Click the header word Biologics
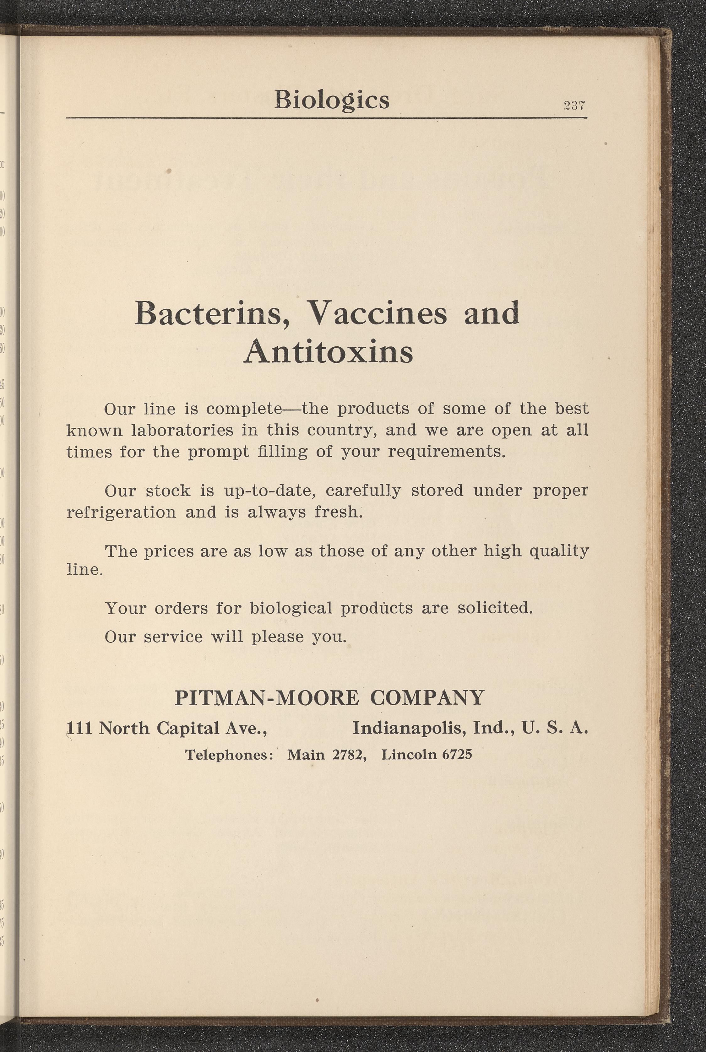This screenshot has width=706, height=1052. [332, 100]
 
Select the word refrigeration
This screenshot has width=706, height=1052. [122, 512]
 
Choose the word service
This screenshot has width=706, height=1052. [173, 637]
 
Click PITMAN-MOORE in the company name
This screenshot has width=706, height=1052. [267, 697]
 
